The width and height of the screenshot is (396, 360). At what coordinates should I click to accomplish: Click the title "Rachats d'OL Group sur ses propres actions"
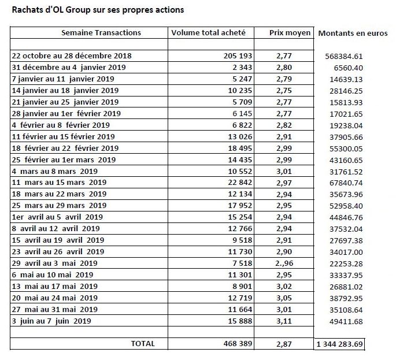point(98,10)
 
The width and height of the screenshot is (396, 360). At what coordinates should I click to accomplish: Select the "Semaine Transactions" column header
point(101,32)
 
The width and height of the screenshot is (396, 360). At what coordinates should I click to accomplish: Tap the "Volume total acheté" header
point(208,32)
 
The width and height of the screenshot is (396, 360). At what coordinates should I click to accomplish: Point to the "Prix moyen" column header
point(290,32)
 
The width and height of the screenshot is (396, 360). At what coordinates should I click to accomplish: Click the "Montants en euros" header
point(353,33)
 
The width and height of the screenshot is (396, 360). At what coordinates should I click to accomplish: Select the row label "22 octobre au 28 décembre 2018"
point(72,55)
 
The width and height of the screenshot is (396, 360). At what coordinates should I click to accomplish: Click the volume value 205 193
point(238,55)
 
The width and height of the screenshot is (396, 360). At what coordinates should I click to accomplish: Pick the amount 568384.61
point(344,56)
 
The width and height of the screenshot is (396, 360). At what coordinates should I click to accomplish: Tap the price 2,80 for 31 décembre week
point(284,68)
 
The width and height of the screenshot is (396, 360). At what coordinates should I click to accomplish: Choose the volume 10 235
point(240,90)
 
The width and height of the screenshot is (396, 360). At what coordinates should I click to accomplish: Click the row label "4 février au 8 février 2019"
point(61,125)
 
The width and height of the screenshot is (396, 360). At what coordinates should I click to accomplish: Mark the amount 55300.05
point(346,149)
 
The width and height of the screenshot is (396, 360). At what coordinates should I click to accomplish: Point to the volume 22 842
point(240,182)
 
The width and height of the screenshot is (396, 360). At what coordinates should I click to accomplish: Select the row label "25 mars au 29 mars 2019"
point(59,205)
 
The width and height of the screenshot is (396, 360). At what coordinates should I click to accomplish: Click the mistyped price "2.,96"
point(284,263)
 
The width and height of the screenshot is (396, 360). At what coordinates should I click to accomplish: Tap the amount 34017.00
point(346,252)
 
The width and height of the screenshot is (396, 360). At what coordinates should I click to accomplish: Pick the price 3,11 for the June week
point(284,321)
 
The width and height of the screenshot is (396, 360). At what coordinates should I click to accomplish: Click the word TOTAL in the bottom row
point(143,344)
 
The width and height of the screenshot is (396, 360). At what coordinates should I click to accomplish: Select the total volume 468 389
point(238,344)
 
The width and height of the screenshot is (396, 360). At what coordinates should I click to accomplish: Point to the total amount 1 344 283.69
point(339,344)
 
